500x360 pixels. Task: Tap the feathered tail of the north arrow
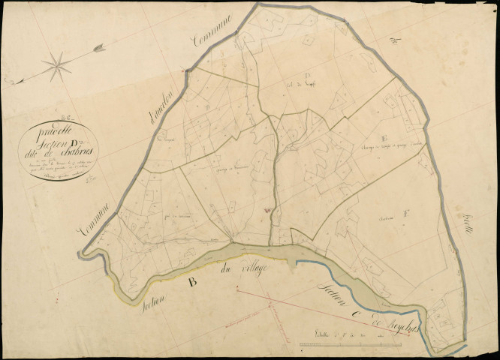click(98, 49)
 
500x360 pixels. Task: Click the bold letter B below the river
click(192, 282)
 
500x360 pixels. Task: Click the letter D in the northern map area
click(307, 74)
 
